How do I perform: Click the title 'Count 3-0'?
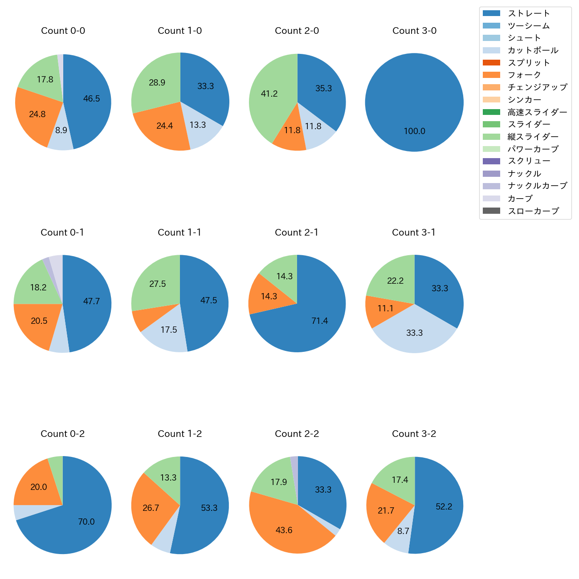click(414, 31)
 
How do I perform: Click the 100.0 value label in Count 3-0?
click(414, 131)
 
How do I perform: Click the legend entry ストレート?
click(529, 13)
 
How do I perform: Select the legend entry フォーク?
click(524, 75)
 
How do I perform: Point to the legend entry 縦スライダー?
click(533, 137)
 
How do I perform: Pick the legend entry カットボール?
click(533, 50)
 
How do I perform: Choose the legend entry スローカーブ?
click(533, 211)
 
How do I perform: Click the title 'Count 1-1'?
click(179, 232)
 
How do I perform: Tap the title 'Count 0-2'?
click(62, 434)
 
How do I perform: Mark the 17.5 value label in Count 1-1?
click(169, 330)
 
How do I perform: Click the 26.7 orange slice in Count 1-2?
click(151, 508)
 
